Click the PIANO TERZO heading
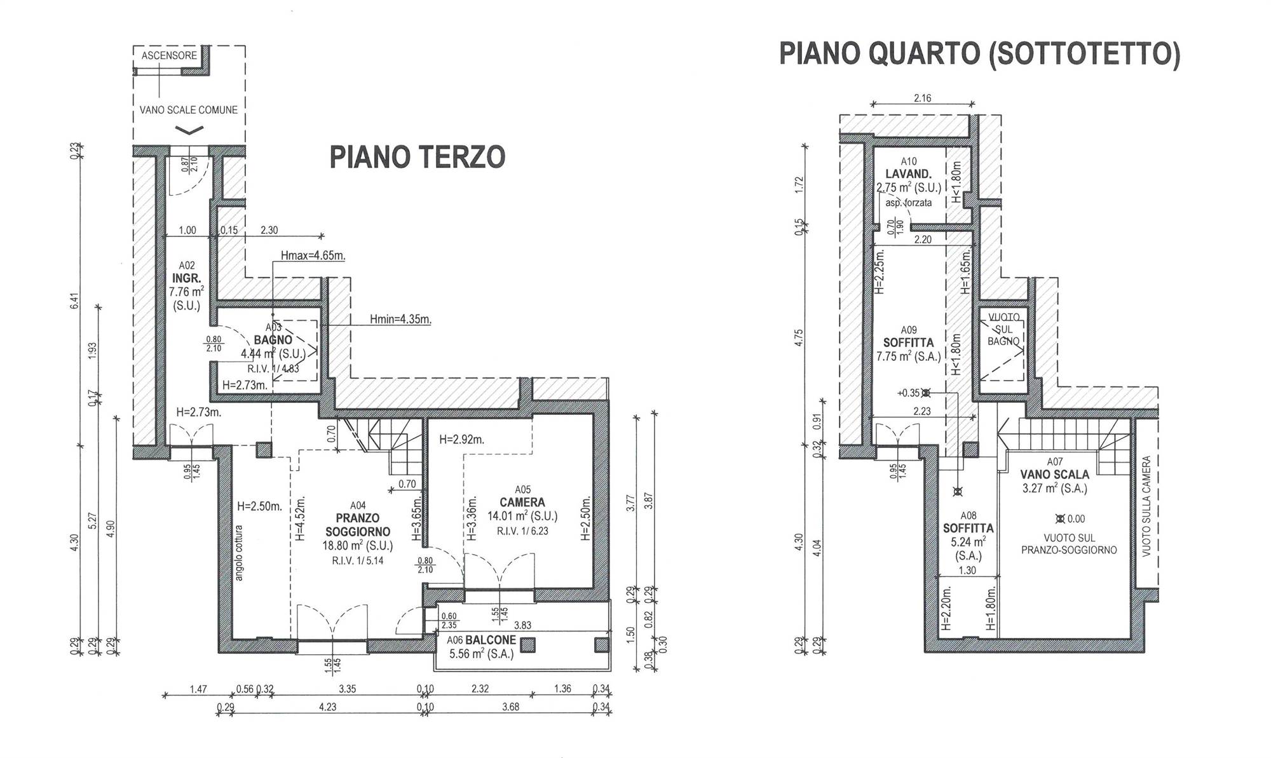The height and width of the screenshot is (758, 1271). click(417, 157)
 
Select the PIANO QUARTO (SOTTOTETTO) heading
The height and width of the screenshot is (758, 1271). click(979, 54)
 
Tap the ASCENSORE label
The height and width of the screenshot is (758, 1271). click(169, 56)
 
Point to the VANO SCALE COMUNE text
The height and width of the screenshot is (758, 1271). click(189, 110)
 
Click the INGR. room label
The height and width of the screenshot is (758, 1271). click(186, 278)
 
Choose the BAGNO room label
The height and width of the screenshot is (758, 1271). click(273, 340)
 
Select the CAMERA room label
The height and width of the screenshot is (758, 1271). click(522, 503)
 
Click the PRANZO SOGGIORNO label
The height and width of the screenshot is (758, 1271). click(358, 525)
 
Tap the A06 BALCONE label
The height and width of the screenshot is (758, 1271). click(481, 640)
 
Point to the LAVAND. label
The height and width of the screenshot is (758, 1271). click(909, 174)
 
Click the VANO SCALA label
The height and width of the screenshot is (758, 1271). click(1054, 475)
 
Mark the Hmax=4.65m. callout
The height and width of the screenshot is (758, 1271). click(313, 256)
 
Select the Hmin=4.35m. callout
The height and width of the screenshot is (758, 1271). click(400, 320)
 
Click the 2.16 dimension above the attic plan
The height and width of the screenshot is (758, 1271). click(922, 98)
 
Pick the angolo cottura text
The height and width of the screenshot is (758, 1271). click(239, 552)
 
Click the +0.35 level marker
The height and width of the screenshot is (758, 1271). click(909, 393)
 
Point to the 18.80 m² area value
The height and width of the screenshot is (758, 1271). click(358, 546)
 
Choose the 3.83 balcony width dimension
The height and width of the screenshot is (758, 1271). click(522, 626)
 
